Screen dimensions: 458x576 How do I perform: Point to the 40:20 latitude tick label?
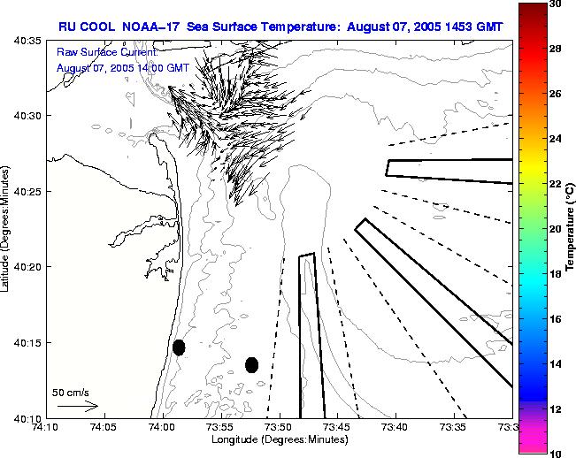[x=27, y=266]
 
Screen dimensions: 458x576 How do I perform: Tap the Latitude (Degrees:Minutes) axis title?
[x=7, y=229]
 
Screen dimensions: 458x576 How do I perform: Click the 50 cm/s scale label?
[x=71, y=392]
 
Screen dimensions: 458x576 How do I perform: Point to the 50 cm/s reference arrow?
[x=77, y=406]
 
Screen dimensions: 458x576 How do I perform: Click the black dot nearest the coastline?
[x=179, y=347]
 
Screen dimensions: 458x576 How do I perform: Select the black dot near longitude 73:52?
[x=252, y=364]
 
